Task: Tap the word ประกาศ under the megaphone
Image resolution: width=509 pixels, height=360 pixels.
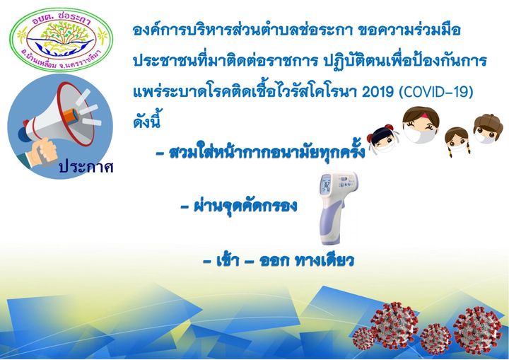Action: (x=86, y=167)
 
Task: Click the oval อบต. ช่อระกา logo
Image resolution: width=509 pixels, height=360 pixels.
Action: (x=62, y=40)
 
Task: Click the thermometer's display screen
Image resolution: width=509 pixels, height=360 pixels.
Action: (x=327, y=184)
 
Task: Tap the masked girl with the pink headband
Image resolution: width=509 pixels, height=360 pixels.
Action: (x=421, y=124)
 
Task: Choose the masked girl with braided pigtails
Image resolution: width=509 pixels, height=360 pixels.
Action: (x=457, y=141)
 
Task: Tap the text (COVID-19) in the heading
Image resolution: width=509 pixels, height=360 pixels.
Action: (x=435, y=92)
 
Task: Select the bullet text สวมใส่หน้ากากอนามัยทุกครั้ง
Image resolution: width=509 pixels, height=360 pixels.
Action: (x=267, y=151)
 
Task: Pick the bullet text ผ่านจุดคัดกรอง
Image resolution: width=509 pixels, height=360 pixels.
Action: (x=245, y=205)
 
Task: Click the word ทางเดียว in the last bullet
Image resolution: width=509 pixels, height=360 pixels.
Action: (x=324, y=260)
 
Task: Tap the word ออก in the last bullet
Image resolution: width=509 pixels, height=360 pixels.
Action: (x=274, y=261)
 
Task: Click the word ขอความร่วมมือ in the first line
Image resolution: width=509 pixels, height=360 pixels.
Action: (x=409, y=30)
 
